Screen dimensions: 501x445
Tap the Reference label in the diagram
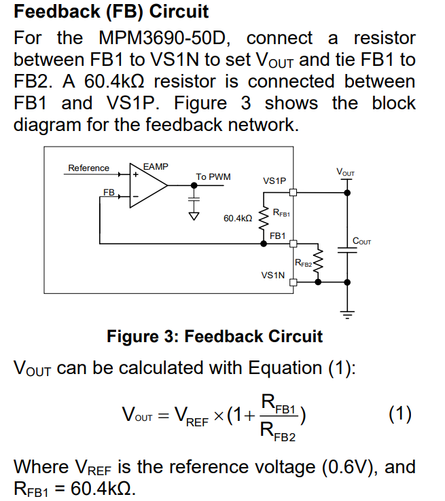88,168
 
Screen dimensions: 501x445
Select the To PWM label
213,177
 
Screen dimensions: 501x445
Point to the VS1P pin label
274,181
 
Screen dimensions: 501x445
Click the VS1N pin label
273,276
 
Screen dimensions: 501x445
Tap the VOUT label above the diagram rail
346,173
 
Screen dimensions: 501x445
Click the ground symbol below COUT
347,314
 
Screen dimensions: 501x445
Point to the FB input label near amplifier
108,193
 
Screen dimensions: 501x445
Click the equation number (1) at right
400,413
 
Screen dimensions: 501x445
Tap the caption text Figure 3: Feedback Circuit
215,336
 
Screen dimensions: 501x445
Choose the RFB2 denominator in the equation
280,430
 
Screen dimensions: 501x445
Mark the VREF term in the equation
190,415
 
